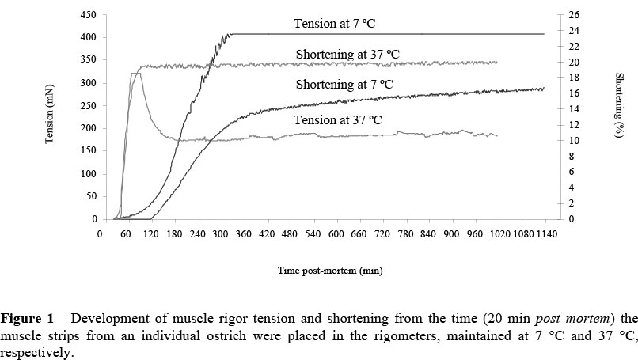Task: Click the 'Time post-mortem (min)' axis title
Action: click(330, 271)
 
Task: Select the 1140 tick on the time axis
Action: click(546, 235)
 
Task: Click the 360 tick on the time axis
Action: click(267, 235)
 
